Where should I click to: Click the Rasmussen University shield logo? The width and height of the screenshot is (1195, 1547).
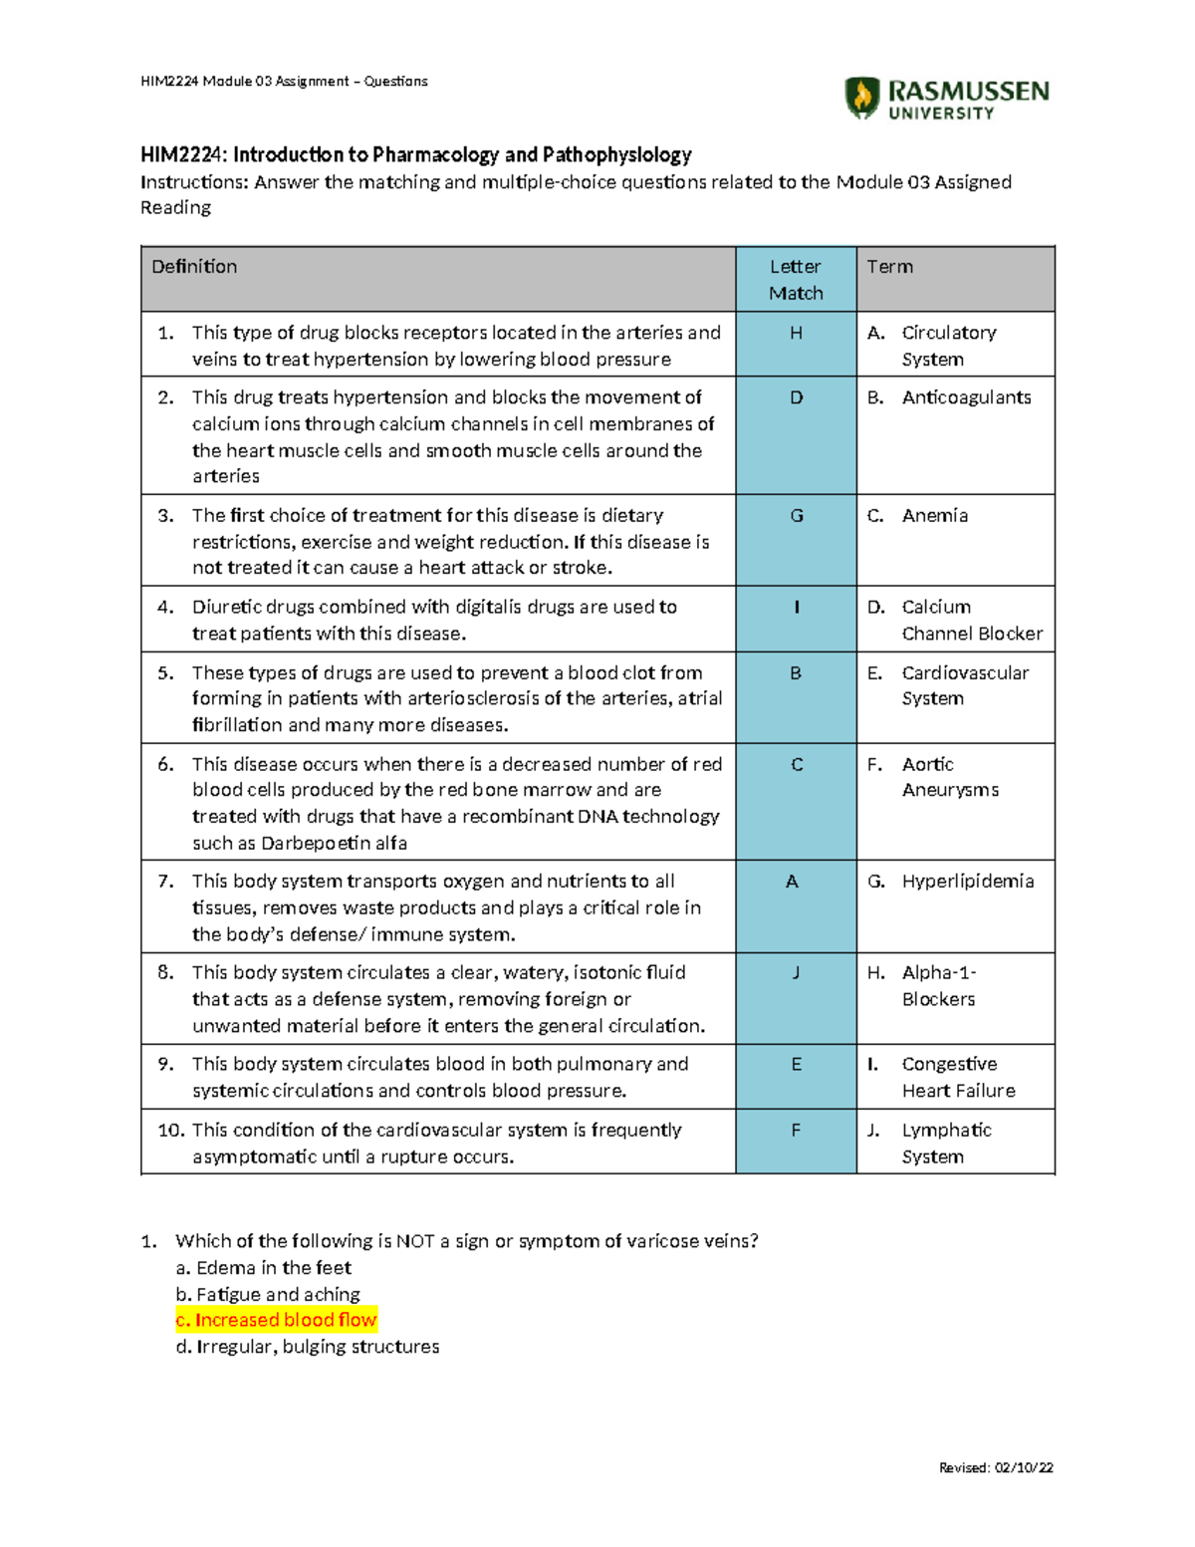pos(861,98)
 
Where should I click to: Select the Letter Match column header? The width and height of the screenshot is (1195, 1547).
pos(796,280)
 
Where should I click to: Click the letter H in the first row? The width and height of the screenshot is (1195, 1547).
pos(796,334)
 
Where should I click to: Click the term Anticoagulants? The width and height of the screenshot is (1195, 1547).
pos(966,397)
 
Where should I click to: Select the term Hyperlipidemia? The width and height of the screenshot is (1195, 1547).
pos(967,882)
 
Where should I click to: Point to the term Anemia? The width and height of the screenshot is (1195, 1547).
pos(934,516)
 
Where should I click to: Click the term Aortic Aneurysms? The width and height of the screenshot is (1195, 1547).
pos(950,777)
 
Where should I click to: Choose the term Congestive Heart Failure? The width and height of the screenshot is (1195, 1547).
pos(958,1077)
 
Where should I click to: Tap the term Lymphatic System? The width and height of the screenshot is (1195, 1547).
pos(946,1143)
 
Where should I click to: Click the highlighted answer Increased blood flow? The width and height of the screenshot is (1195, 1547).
pos(276,1320)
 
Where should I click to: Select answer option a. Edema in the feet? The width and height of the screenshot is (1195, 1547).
pos(264,1268)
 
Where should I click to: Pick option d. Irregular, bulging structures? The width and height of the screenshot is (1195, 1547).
pos(308,1347)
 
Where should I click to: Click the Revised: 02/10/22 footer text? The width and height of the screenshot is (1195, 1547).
pos(996,1467)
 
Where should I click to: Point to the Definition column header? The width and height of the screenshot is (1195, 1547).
pos(194,267)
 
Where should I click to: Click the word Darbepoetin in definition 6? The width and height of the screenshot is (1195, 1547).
pos(313,843)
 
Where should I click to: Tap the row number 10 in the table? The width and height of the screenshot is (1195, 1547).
pos(170,1131)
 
